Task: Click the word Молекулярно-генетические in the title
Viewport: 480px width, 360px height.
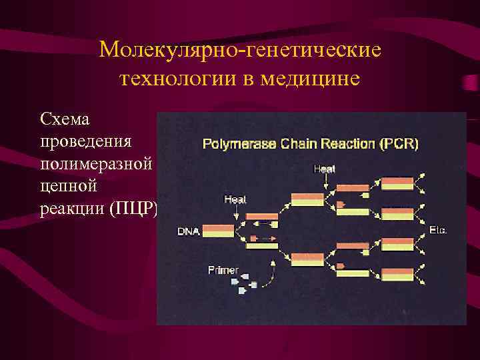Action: tap(240, 50)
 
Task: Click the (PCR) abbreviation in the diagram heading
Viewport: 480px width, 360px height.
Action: tap(399, 143)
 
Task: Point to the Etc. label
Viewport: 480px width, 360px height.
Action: tap(438, 230)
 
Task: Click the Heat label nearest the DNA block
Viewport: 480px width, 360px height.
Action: tap(235, 199)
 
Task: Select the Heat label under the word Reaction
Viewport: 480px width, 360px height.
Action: tap(324, 169)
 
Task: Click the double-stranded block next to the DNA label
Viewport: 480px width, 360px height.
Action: tap(218, 231)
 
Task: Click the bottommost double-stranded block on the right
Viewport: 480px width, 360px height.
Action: tap(397, 274)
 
